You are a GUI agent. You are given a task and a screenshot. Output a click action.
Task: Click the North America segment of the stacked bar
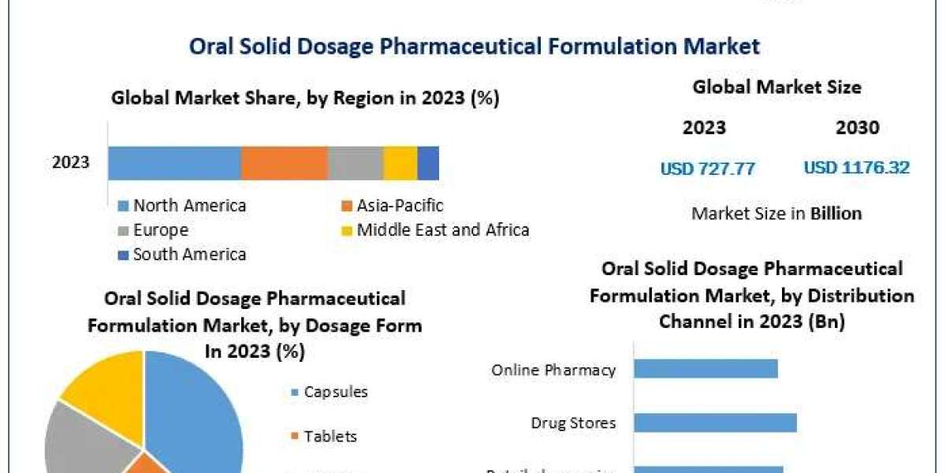pyautogui.click(x=174, y=163)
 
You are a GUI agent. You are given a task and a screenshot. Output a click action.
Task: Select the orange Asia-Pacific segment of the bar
pyautogui.click(x=284, y=163)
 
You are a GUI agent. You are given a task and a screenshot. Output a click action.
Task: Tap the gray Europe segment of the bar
pyautogui.click(x=355, y=163)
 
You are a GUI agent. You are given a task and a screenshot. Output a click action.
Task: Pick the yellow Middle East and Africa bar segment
pyautogui.click(x=400, y=163)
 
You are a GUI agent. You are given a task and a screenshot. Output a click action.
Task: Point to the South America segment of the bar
pyautogui.click(x=428, y=163)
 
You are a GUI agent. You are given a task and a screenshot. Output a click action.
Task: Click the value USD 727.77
pyautogui.click(x=707, y=168)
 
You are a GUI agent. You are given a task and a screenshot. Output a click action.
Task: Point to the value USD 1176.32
pyautogui.click(x=856, y=168)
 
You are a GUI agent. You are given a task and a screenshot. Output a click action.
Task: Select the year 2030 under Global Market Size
pyautogui.click(x=857, y=128)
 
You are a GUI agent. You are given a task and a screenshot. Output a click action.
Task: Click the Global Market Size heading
pyautogui.click(x=777, y=87)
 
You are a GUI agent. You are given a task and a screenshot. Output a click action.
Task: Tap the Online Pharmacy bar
pyautogui.click(x=705, y=369)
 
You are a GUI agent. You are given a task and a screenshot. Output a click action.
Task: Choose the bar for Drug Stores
pyautogui.click(x=714, y=423)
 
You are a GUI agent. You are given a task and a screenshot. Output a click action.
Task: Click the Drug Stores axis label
pyautogui.click(x=573, y=423)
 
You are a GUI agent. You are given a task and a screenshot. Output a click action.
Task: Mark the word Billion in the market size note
pyautogui.click(x=836, y=213)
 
